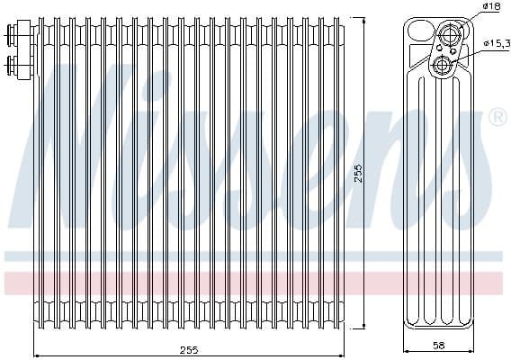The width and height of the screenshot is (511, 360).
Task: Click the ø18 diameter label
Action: pyautogui.click(x=491, y=7)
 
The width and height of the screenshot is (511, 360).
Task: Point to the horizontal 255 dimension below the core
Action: pyautogui.click(x=189, y=348)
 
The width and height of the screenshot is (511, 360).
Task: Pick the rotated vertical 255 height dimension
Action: pyautogui.click(x=357, y=173)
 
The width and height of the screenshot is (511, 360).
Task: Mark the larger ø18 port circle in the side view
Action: pyautogui.click(x=449, y=33)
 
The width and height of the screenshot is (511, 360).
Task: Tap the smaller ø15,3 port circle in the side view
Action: pyautogui.click(x=443, y=65)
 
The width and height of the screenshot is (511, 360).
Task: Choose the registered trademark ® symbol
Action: pyautogui.click(x=496, y=118)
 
